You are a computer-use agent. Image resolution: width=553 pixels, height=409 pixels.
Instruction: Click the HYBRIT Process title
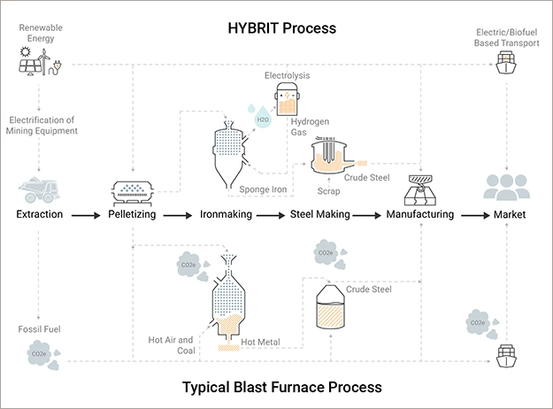(x=277, y=27)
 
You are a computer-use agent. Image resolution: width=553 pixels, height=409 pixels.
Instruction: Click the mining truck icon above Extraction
(x=39, y=189)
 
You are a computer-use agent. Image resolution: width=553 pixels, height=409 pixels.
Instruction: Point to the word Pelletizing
(x=133, y=214)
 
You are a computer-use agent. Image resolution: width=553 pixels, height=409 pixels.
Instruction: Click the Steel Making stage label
(x=320, y=214)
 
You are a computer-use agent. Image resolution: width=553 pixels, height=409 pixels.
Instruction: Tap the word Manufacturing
(x=420, y=214)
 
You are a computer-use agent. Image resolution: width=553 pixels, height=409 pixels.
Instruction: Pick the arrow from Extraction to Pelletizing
(x=86, y=214)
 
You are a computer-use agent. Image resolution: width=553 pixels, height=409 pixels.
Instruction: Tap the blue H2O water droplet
(x=263, y=118)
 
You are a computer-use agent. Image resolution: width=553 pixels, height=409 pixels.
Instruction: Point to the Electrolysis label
(x=287, y=76)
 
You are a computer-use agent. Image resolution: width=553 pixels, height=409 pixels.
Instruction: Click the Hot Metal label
(x=260, y=342)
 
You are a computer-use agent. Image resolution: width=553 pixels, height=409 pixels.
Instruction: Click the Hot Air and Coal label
(x=172, y=344)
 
